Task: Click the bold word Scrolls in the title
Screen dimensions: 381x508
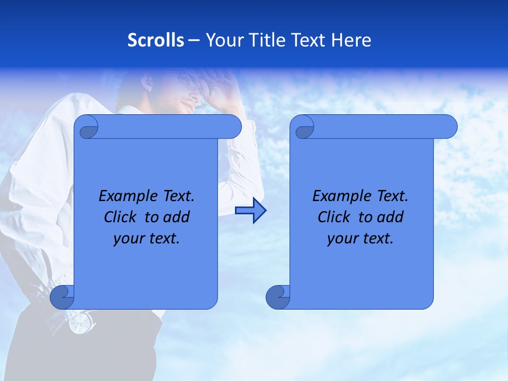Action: [156, 40]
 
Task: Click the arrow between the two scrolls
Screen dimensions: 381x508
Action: [250, 211]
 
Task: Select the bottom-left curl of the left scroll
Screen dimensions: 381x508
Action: [61, 297]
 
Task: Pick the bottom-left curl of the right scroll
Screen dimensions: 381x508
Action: [277, 297]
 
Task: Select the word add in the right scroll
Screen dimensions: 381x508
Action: [391, 217]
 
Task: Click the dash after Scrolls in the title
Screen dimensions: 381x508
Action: [194, 40]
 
